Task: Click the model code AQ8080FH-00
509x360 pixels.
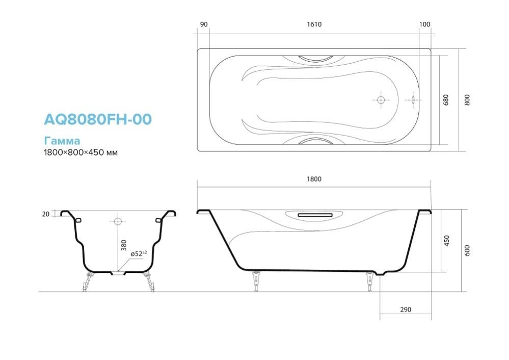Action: click(x=98, y=119)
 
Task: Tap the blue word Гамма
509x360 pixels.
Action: click(x=62, y=141)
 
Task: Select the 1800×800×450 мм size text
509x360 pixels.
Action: click(x=81, y=152)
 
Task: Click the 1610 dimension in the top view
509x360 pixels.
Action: click(x=314, y=24)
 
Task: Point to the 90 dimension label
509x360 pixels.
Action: click(x=204, y=24)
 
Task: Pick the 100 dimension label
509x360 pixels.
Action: click(x=424, y=24)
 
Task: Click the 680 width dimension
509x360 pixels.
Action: click(x=446, y=100)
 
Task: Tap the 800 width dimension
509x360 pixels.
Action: click(x=467, y=100)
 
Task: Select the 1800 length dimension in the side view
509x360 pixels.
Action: click(x=314, y=179)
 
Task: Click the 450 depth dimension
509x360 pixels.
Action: click(x=447, y=241)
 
